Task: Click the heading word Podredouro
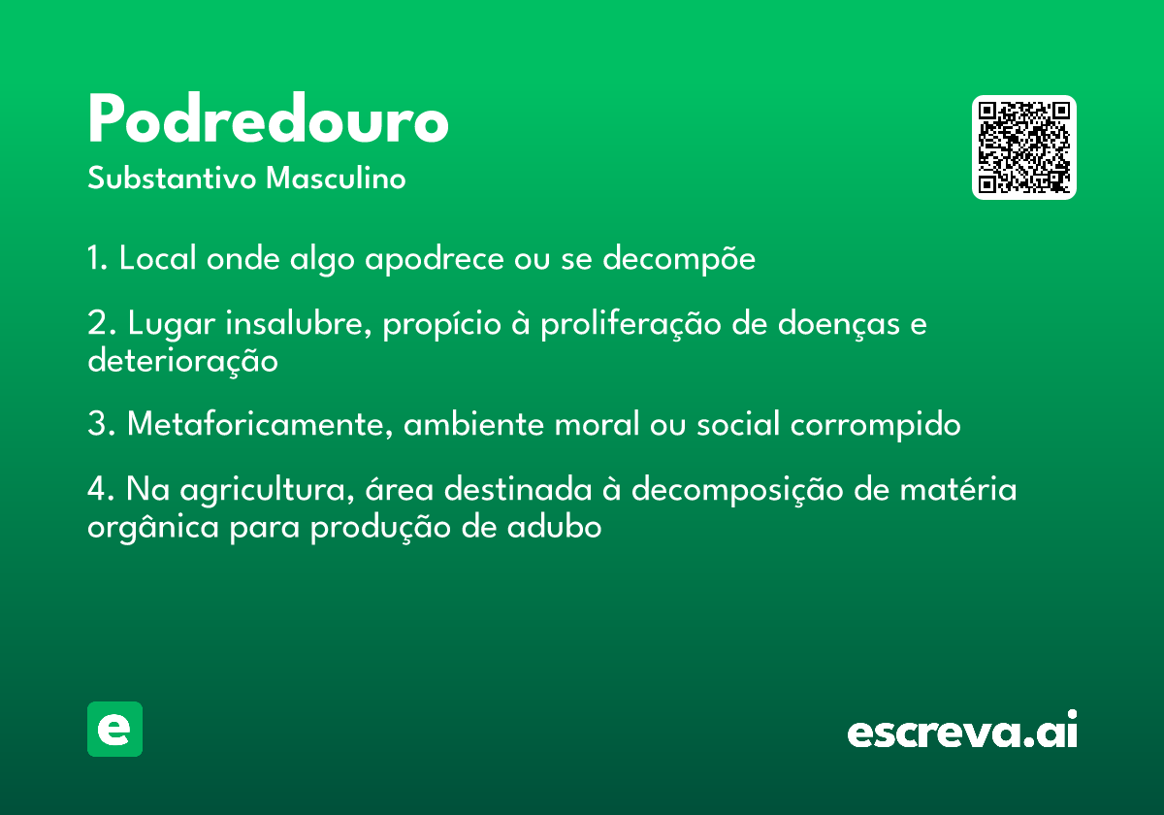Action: (x=268, y=118)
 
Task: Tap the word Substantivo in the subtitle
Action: (x=172, y=178)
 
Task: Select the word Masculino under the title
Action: (x=336, y=178)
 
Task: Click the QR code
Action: (x=1023, y=147)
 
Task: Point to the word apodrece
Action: (x=435, y=259)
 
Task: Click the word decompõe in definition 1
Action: (x=679, y=258)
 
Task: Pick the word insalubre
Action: (x=299, y=323)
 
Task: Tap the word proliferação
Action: (x=630, y=324)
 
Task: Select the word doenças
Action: (x=839, y=324)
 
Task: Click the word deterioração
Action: (x=183, y=361)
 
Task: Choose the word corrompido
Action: (x=876, y=425)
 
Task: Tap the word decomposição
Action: (x=737, y=490)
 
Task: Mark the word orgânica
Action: (x=153, y=528)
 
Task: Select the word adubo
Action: (x=555, y=527)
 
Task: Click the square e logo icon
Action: (x=114, y=729)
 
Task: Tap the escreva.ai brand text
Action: (x=962, y=729)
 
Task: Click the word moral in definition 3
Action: (x=598, y=424)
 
